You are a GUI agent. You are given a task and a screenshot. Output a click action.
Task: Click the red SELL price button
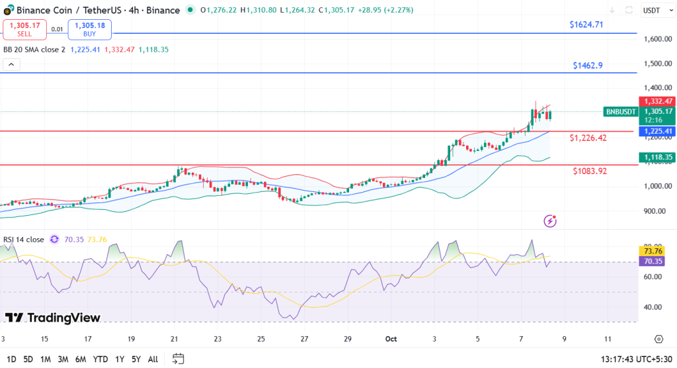[25, 29]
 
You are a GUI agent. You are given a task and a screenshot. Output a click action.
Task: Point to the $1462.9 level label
[588, 66]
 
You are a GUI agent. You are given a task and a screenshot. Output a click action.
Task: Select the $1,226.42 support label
[588, 138]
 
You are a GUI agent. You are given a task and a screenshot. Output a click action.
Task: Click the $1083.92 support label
[590, 171]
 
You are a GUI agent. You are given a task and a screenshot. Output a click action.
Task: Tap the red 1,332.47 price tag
[655, 101]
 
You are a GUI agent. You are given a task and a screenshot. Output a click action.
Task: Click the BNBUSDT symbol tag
[620, 112]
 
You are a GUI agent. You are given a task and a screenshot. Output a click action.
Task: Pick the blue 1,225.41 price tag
[655, 131]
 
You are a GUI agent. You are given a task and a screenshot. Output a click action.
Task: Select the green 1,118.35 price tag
[655, 157]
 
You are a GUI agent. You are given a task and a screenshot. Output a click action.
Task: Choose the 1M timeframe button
[46, 359]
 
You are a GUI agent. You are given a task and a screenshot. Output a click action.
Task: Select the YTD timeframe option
[101, 359]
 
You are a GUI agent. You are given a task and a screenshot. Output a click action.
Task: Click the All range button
[153, 359]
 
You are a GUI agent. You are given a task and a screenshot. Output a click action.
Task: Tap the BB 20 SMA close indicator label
[34, 49]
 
